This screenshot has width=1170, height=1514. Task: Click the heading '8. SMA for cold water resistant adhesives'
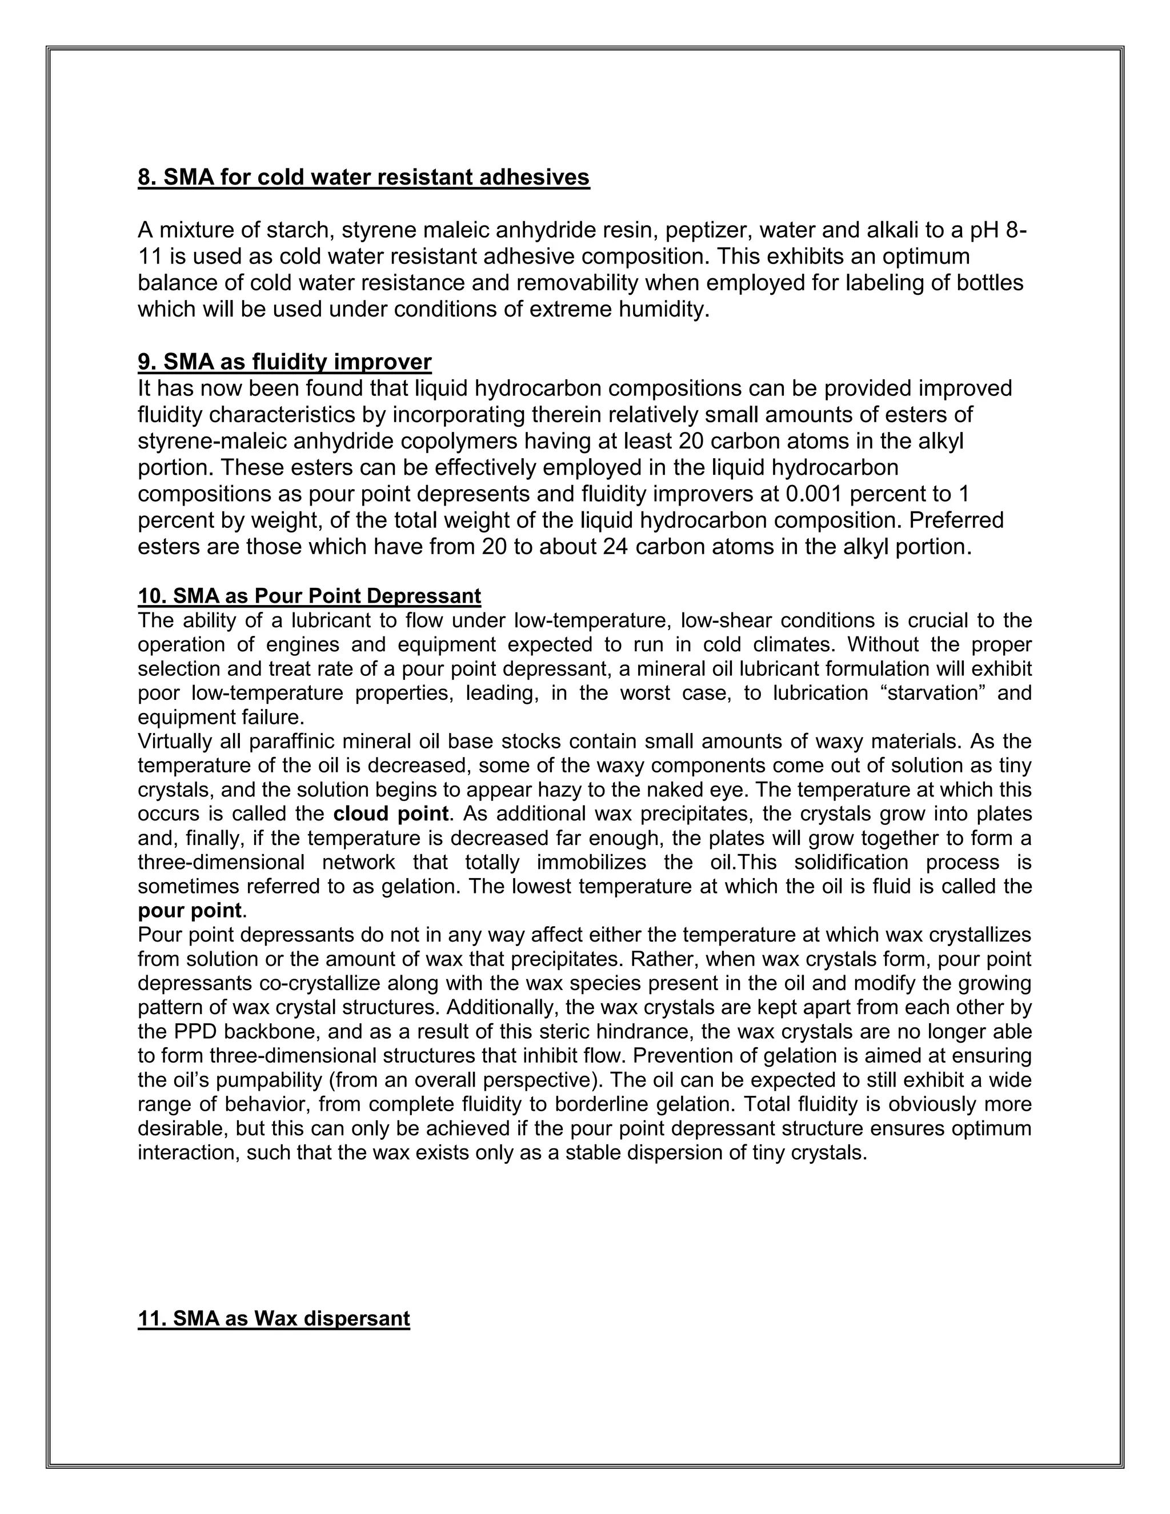[363, 178]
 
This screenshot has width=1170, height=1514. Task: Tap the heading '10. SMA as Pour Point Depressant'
[309, 596]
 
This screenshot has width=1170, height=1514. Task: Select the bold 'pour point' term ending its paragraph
[189, 910]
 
